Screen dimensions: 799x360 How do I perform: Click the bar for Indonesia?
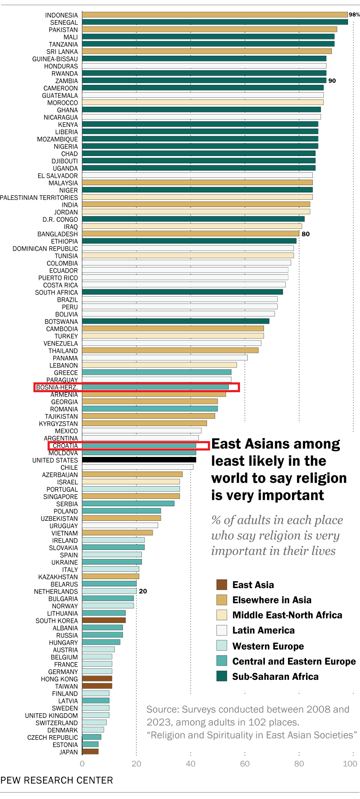tap(214, 15)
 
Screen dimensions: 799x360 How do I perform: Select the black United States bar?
tap(139, 460)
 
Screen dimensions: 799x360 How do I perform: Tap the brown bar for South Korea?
tap(104, 620)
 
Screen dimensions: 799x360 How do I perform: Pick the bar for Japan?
tap(90, 751)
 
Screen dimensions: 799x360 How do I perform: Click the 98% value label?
tap(354, 15)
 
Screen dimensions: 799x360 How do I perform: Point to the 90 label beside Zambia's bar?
tap(332, 81)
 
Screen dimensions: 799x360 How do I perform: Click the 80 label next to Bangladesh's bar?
tap(306, 234)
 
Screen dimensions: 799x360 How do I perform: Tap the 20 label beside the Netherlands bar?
tap(143, 591)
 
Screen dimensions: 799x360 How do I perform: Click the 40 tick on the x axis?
tap(191, 763)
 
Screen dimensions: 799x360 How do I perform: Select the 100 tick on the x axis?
tap(350, 763)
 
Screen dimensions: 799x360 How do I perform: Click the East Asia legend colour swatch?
tap(222, 585)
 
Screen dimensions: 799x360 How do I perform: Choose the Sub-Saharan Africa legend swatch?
tap(222, 676)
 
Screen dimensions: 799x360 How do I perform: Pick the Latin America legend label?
tap(263, 630)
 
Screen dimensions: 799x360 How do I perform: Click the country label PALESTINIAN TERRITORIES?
tap(39, 198)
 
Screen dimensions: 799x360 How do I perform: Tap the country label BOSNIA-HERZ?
tap(57, 387)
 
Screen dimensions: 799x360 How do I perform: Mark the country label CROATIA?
tap(65, 446)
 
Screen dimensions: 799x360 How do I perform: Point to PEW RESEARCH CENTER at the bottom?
tap(57, 780)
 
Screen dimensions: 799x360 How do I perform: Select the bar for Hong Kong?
tap(97, 679)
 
